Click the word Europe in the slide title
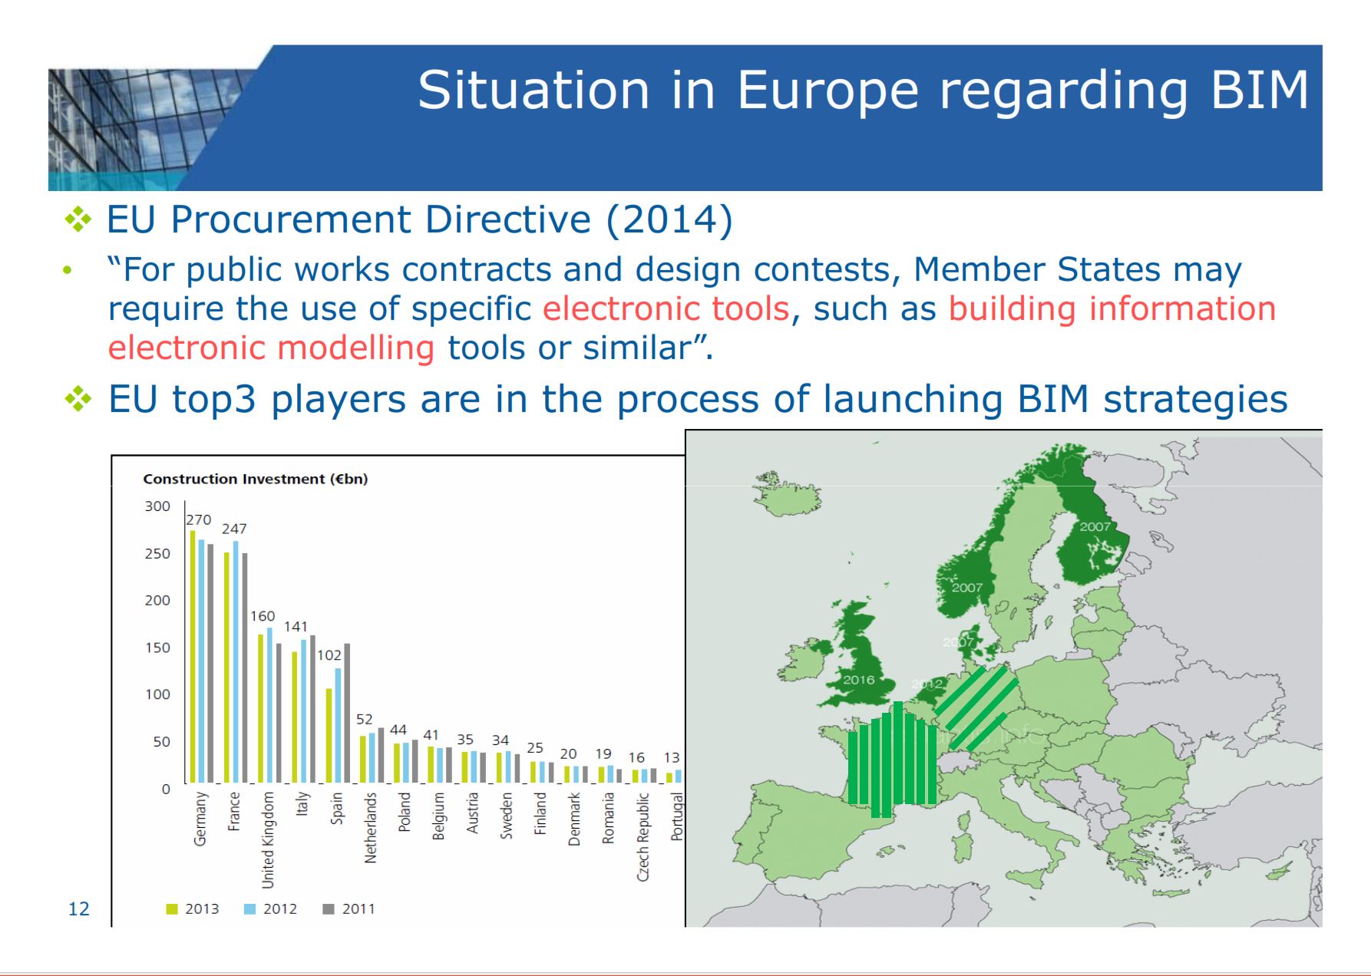coord(828,91)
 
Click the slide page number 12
coord(79,909)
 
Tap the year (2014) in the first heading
coord(669,219)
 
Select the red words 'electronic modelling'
coord(271,348)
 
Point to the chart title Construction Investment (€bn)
coord(255,479)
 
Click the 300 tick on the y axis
coord(157,506)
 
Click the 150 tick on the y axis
coord(157,648)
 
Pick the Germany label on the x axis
coord(200,819)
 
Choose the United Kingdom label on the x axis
coord(268,839)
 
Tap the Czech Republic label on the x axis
coord(643,836)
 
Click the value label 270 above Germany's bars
coord(199,519)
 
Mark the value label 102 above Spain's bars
coord(329,655)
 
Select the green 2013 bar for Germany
coord(193,656)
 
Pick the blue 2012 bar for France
coord(236,661)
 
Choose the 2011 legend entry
coord(349,909)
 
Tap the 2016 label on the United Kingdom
coord(858,680)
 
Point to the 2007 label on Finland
coord(1095,526)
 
